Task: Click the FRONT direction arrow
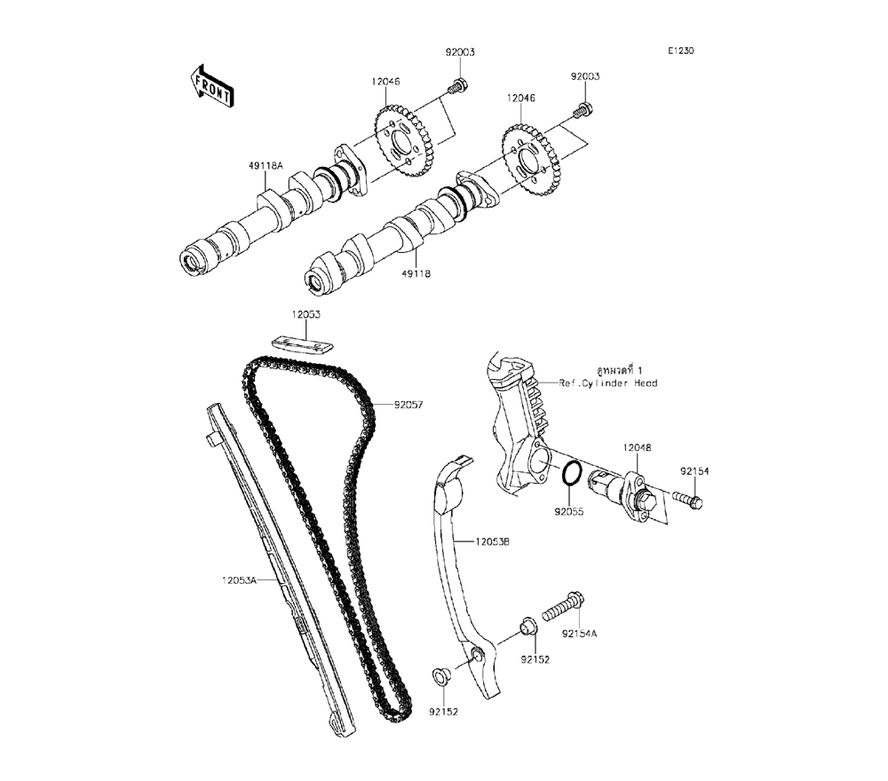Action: pos(210,84)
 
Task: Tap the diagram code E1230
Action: pos(681,51)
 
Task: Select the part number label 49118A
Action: pos(266,165)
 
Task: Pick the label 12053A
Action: pos(239,580)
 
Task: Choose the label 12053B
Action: pos(492,540)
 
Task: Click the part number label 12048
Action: pos(637,449)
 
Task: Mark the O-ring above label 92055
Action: pos(572,475)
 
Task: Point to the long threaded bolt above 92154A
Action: pos(559,609)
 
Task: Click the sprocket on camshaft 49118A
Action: pos(403,142)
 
